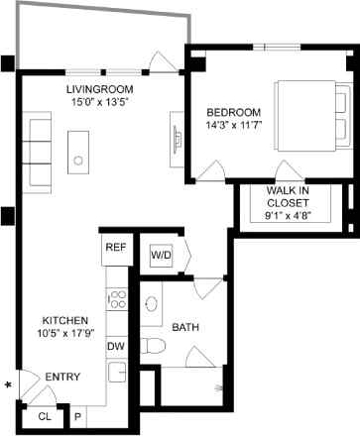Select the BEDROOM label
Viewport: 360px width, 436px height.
[x=234, y=111]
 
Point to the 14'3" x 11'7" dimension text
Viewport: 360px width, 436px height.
[x=234, y=125]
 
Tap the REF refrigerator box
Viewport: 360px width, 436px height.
[x=116, y=248]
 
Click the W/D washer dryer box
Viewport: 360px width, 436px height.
[x=161, y=256]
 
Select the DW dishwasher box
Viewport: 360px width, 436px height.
[x=116, y=346]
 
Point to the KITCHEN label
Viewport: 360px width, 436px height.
[x=65, y=321]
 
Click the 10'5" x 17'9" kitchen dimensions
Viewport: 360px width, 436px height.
[x=65, y=334]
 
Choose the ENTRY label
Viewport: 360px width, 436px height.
[x=62, y=376]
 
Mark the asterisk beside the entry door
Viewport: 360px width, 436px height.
[x=8, y=384]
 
